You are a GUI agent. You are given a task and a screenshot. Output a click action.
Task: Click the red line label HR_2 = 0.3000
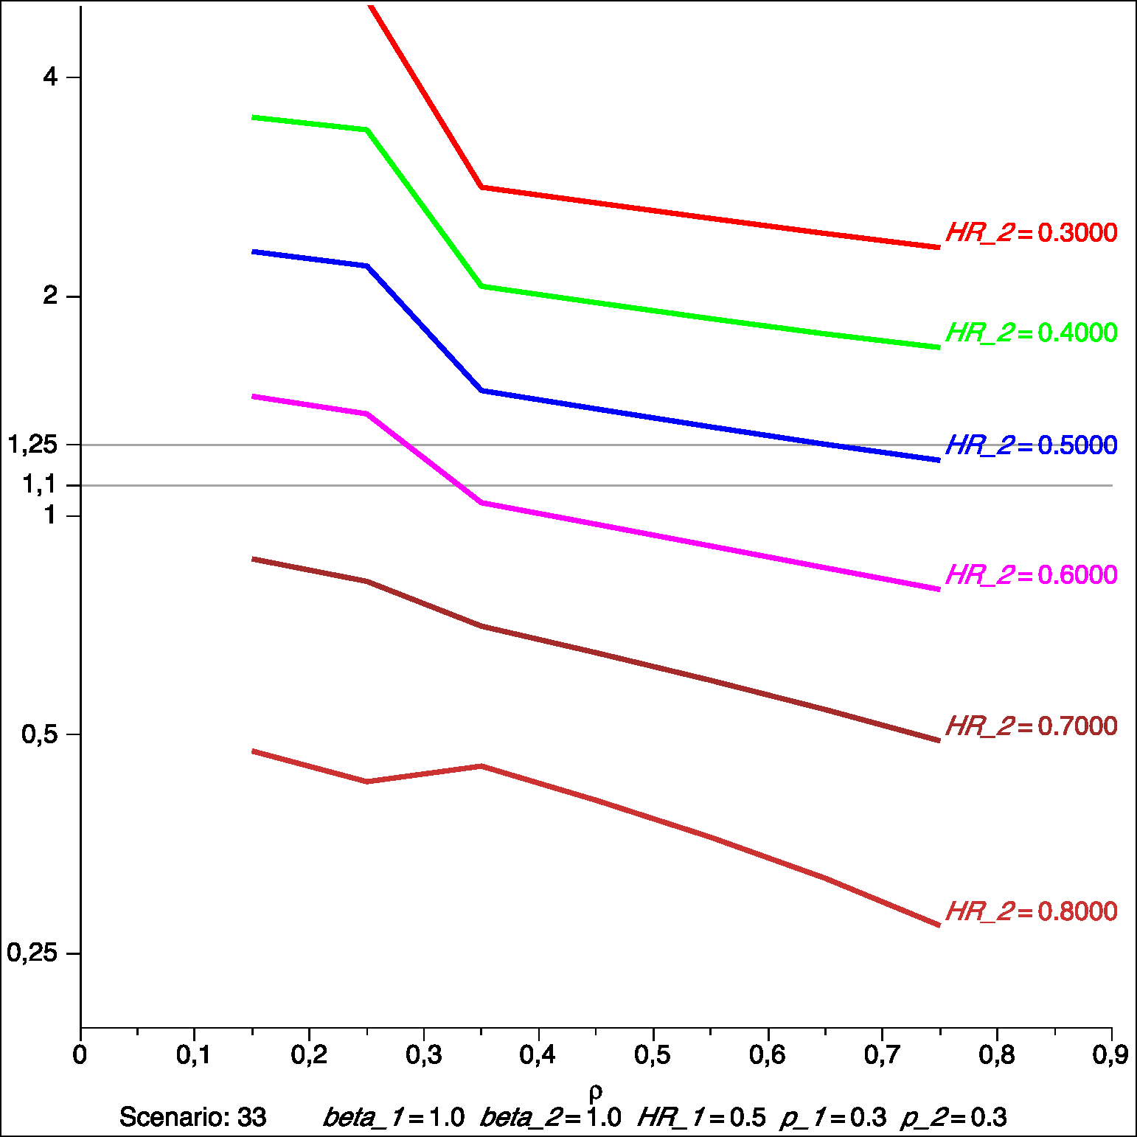pyautogui.click(x=1031, y=233)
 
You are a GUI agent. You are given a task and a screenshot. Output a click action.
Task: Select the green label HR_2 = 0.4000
pyautogui.click(x=1031, y=333)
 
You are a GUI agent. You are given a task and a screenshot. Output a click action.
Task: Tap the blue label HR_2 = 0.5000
pyautogui.click(x=1031, y=445)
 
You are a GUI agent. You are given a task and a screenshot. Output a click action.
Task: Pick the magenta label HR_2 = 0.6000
pyautogui.click(x=1031, y=575)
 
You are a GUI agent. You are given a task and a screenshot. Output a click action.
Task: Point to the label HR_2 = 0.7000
pyautogui.click(x=1031, y=726)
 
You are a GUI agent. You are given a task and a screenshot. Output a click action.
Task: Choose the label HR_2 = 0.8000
pyautogui.click(x=1031, y=912)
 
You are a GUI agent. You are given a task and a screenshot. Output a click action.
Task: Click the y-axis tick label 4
pyautogui.click(x=50, y=77)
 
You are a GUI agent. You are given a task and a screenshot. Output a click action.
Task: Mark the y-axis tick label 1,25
pyautogui.click(x=32, y=445)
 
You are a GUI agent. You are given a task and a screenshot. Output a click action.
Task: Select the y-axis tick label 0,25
pyautogui.click(x=32, y=953)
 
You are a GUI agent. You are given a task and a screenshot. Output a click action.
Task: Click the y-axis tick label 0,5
pyautogui.click(x=40, y=734)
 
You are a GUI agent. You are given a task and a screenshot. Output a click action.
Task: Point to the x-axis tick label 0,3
pyautogui.click(x=424, y=1055)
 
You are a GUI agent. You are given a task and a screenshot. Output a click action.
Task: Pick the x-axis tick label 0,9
pyautogui.click(x=1110, y=1055)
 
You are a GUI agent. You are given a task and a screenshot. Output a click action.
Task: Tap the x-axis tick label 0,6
pyautogui.click(x=768, y=1055)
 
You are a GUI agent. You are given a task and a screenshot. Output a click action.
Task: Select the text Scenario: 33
pyautogui.click(x=192, y=1117)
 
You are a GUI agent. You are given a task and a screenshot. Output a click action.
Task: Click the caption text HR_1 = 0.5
pyautogui.click(x=701, y=1117)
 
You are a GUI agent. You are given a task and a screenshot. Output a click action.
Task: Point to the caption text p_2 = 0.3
pyautogui.click(x=953, y=1117)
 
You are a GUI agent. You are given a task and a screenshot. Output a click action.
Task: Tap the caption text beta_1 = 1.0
pyautogui.click(x=394, y=1117)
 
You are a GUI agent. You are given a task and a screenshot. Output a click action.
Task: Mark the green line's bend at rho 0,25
pyautogui.click(x=366, y=130)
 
